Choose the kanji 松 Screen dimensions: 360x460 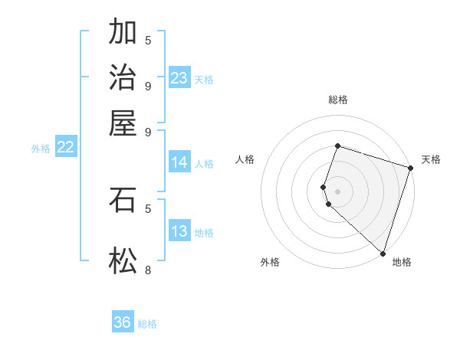point(123,261)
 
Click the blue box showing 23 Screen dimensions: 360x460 point(179,77)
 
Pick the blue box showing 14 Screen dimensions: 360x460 point(179,162)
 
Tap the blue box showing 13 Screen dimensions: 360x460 point(179,231)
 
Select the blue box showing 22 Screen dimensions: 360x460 point(65,147)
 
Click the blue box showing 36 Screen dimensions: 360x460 point(123,322)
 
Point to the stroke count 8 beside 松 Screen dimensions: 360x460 point(148,270)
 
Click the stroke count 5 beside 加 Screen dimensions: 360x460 point(148,39)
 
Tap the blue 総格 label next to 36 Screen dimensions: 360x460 point(147,324)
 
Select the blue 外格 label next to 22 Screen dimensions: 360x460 point(41,149)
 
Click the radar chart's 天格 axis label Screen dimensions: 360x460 point(431,159)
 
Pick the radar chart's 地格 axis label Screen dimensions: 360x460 point(402,263)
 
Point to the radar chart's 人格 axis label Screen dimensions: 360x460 point(245,159)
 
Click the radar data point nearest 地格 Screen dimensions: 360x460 point(383,253)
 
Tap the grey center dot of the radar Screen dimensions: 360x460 point(337,191)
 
